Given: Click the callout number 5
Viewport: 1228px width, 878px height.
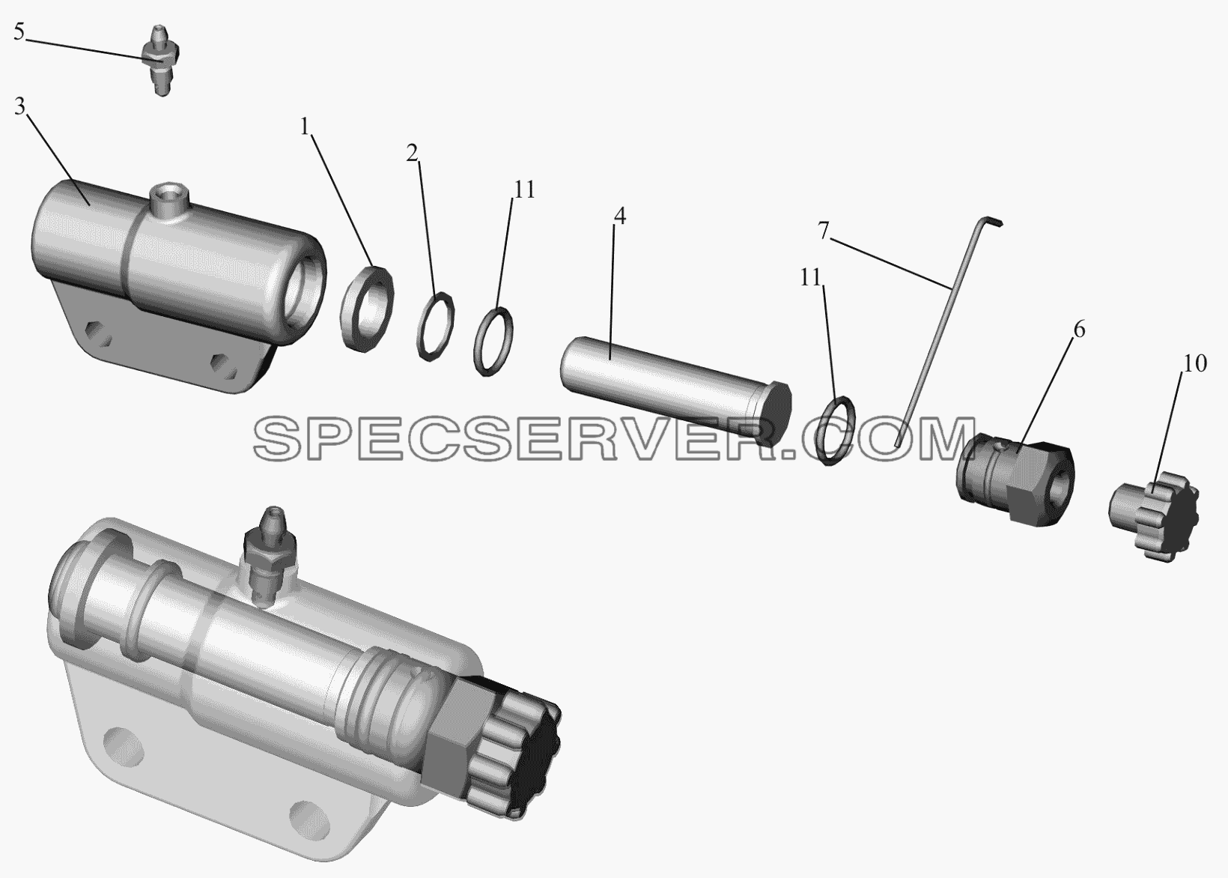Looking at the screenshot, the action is pos(19,33).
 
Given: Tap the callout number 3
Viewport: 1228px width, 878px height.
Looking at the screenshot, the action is pos(19,107).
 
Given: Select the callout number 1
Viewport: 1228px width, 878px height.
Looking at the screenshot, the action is pos(306,127).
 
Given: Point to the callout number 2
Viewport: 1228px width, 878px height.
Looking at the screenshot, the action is pos(412,153).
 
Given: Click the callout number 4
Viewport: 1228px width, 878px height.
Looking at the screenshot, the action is pos(619,217).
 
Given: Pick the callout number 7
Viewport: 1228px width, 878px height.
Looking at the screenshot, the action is pos(823,231).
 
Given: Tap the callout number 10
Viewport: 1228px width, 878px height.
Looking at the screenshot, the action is pos(1195,363).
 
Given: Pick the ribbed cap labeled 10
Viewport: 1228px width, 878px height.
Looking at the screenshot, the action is pos(1153,515).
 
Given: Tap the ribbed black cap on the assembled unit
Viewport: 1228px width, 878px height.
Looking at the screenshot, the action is pos(515,751).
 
